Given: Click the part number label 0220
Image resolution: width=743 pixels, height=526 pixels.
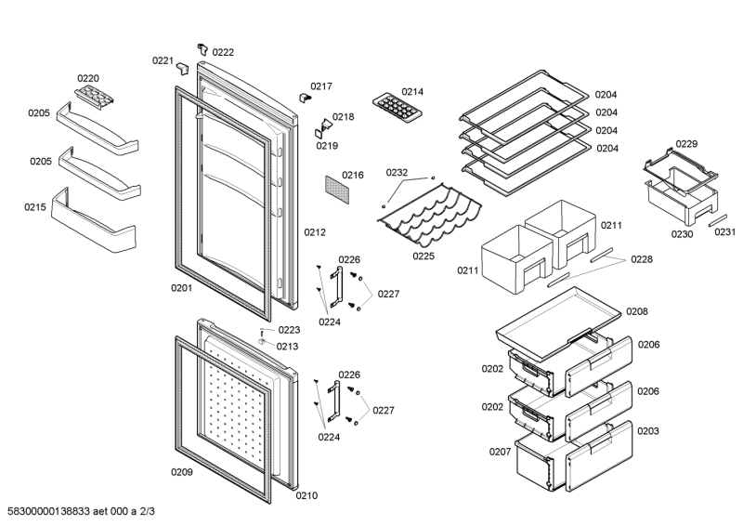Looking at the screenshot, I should pyautogui.click(x=88, y=79).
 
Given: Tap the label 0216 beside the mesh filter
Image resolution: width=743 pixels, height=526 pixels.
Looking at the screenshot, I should pyautogui.click(x=352, y=175).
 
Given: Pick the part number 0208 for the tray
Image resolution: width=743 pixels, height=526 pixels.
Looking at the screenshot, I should pyautogui.click(x=636, y=312).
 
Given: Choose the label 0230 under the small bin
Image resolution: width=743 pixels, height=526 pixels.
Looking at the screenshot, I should pyautogui.click(x=682, y=234).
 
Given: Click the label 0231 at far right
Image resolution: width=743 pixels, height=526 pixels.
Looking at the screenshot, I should pyautogui.click(x=724, y=232).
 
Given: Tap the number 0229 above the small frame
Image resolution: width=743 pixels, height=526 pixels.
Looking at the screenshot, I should pyautogui.click(x=686, y=144).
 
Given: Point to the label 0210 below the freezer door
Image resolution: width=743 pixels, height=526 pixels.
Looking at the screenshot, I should pyautogui.click(x=306, y=495).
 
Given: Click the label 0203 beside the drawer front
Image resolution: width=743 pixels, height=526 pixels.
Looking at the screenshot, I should pyautogui.click(x=648, y=431).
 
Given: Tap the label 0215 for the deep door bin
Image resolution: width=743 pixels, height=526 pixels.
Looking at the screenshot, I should pyautogui.click(x=35, y=207).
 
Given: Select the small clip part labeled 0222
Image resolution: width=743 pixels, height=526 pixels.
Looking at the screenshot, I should pyautogui.click(x=202, y=47).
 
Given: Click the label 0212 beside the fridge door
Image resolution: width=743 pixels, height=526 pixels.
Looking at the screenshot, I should pyautogui.click(x=314, y=232).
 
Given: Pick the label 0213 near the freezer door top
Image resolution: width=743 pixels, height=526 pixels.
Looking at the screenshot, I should pyautogui.click(x=288, y=347).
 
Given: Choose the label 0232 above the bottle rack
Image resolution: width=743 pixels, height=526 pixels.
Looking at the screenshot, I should pyautogui.click(x=397, y=172).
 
